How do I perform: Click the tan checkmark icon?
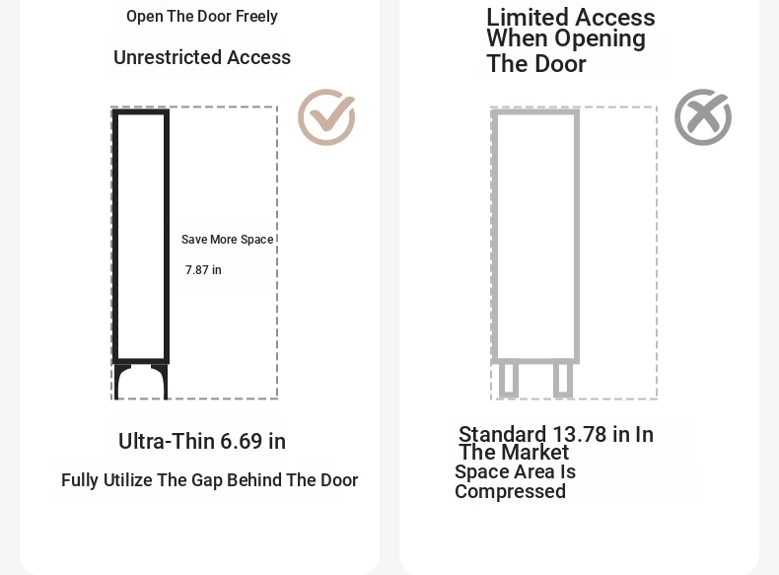point(326,117)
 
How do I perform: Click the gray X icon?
point(702,117)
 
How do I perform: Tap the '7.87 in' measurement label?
point(203,270)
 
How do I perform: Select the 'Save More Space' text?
point(227,240)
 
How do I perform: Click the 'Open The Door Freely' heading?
point(202,17)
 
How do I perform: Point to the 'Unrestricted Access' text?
point(202,57)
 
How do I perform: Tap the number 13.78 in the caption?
point(579,434)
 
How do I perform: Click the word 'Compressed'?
point(510,491)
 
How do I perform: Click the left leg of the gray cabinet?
point(508,380)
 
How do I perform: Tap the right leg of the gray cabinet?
point(563,380)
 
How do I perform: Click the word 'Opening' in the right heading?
point(600,38)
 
